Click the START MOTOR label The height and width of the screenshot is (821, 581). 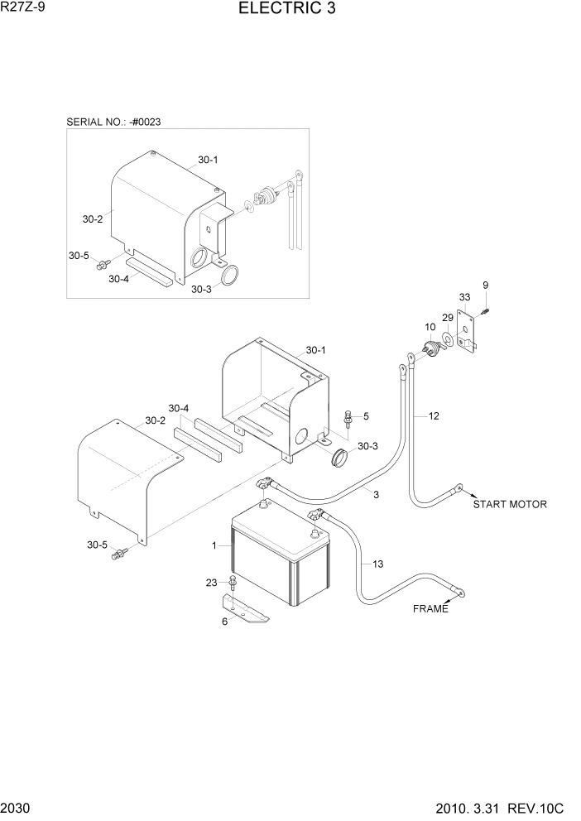point(510,504)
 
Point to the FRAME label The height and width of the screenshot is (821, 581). point(430,609)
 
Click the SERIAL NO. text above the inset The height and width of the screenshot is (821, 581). point(113,122)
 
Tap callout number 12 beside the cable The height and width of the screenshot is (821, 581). point(434,415)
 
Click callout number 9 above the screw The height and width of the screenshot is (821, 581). point(486,286)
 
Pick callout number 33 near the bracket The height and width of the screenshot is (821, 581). point(465,297)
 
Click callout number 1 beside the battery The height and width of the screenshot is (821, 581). point(214,546)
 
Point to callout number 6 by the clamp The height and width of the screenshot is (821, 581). point(223,622)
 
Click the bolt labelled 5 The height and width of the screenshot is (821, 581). point(348,418)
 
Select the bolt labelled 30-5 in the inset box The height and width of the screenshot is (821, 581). point(103,264)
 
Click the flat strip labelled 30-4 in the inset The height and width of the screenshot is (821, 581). point(149,271)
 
